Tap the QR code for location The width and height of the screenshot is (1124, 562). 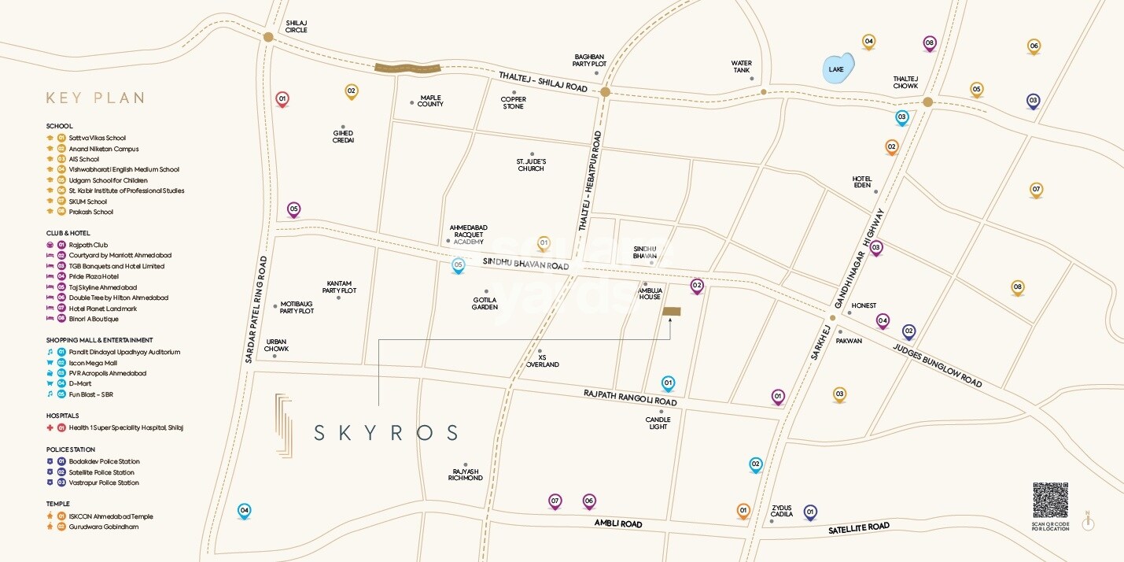pyautogui.click(x=1050, y=501)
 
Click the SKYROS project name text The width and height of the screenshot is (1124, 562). pyautogui.click(x=385, y=432)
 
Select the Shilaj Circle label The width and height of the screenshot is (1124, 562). pyautogui.click(x=297, y=27)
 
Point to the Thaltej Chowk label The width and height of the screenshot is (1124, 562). pyautogui.click(x=905, y=82)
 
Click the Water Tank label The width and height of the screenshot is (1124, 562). pyautogui.click(x=741, y=67)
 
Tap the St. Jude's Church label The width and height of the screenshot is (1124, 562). pyautogui.click(x=531, y=165)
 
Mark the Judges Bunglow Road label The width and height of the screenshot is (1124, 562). pyautogui.click(x=938, y=366)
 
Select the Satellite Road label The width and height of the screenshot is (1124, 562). pyautogui.click(x=859, y=528)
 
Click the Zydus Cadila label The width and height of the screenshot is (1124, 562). pyautogui.click(x=781, y=511)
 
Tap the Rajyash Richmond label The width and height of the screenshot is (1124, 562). pyautogui.click(x=465, y=474)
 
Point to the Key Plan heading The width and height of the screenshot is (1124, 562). pyautogui.click(x=95, y=98)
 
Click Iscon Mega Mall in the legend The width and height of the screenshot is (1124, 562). pyautogui.click(x=92, y=363)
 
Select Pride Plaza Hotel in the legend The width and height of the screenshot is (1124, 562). pyautogui.click(x=94, y=276)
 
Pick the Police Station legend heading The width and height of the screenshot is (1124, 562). pyautogui.click(x=71, y=449)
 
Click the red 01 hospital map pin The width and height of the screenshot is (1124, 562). pyautogui.click(x=282, y=99)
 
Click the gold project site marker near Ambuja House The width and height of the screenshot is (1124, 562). pyautogui.click(x=672, y=312)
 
